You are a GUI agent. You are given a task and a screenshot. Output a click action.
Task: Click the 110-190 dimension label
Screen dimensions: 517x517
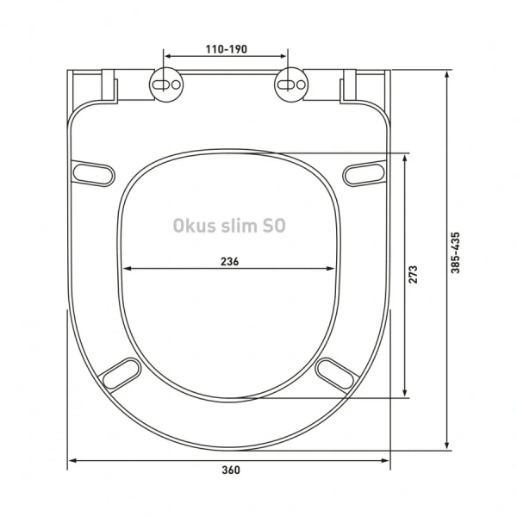point(227,49)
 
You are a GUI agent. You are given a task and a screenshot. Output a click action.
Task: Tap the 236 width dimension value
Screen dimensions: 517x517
point(228,261)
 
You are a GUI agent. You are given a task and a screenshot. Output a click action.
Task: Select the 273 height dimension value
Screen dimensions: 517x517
point(414,275)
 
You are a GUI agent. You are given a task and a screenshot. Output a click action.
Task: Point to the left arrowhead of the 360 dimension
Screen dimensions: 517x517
point(73,459)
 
